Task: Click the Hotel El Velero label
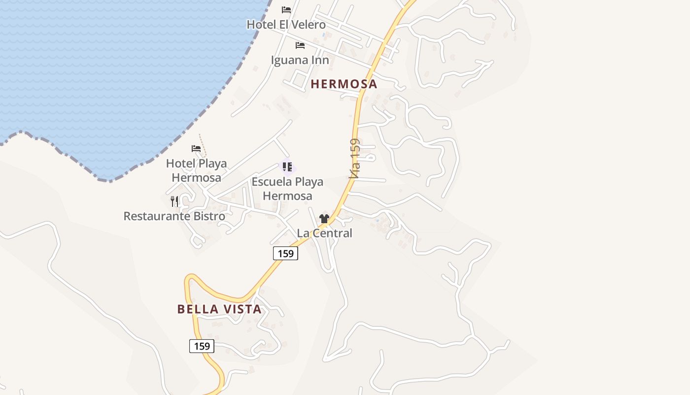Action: coord(286,24)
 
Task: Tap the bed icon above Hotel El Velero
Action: coord(286,10)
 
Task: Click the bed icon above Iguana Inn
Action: coord(300,45)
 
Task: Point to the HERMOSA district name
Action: coord(344,84)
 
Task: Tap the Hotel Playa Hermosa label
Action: coord(196,170)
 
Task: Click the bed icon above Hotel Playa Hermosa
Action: coord(196,148)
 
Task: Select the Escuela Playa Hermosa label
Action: coord(287,189)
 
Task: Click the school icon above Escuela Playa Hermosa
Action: coord(287,167)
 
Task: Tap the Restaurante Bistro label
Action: coord(174,216)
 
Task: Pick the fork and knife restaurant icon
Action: coord(174,201)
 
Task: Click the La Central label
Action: coord(324,233)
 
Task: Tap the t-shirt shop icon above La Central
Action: coord(324,219)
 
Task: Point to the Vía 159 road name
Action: coord(354,158)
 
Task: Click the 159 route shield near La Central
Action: coord(285,254)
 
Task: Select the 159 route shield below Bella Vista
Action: coord(202,346)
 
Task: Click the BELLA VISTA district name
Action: coord(219,309)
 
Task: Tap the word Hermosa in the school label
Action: coord(287,196)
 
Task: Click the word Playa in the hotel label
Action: coord(212,163)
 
